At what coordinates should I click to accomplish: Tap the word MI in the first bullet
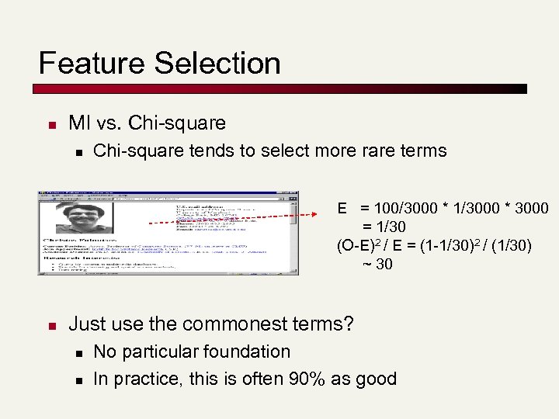(x=79, y=123)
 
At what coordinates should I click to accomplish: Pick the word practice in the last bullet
(x=144, y=379)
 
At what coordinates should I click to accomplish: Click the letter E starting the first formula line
(x=342, y=209)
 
